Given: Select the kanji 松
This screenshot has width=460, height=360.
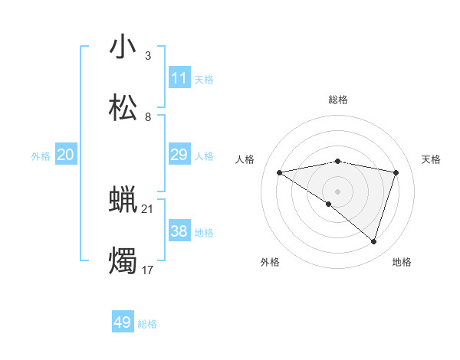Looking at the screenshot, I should coord(123,108).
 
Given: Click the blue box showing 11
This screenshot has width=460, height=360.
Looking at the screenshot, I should coord(179,77).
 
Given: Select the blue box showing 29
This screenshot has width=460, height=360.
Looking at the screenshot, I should coord(179,155).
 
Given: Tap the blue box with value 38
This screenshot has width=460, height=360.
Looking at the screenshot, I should coord(179,231).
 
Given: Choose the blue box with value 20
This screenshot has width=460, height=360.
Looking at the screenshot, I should coord(66,155).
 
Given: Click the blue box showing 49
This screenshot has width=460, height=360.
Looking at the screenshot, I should coord(123,322).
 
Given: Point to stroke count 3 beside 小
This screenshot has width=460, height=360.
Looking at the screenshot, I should coord(148,55).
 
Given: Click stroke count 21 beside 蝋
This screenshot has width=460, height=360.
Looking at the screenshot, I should coord(148,208).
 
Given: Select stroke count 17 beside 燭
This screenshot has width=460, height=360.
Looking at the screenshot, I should coord(148,270).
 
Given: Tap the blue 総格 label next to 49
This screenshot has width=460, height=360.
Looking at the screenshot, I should coord(147,324).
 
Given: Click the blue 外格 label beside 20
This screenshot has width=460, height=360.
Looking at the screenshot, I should coord(41,156).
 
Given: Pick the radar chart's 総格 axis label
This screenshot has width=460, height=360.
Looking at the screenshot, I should coord(338,100).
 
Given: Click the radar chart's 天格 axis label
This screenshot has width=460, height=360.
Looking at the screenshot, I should coord(432,159).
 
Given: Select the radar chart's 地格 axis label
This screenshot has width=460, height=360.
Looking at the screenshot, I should coord(402,262).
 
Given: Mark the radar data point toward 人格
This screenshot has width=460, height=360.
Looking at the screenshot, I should coord(279,172).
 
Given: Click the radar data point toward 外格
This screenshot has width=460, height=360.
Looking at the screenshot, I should coord(329,204).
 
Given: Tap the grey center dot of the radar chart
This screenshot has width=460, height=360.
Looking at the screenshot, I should coord(338,191).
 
